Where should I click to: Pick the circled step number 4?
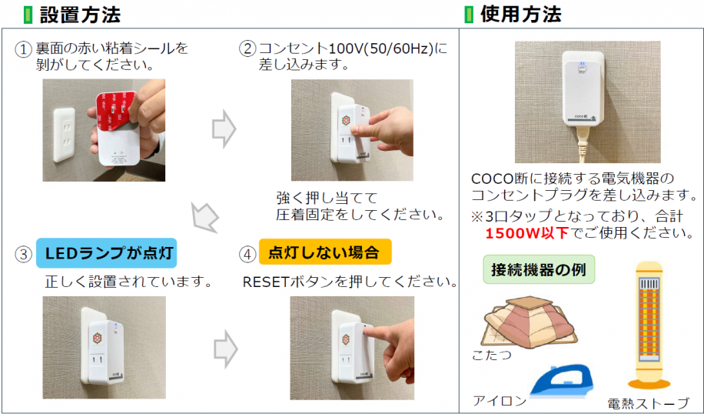click(x=247, y=252)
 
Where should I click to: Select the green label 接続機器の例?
click(x=539, y=270)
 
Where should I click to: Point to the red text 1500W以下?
click(x=527, y=232)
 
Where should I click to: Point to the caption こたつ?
click(x=492, y=356)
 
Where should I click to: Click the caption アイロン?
click(x=500, y=400)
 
